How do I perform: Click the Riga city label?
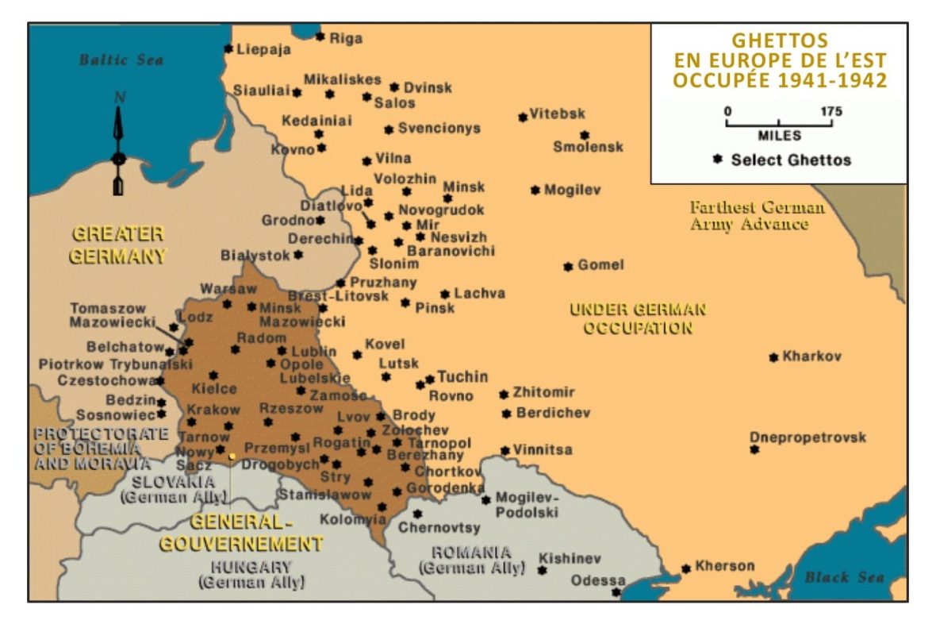point(346,38)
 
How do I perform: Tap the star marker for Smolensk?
point(585,135)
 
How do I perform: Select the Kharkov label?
point(811,356)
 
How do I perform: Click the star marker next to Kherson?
point(686,568)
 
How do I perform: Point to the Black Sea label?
point(844,577)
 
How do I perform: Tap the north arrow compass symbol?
point(119,143)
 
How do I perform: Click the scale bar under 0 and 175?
point(778,125)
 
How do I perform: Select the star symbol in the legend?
point(717,160)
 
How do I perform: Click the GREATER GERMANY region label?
point(118,245)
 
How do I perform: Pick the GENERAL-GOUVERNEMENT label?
point(242,533)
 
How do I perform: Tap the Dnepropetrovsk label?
point(807,437)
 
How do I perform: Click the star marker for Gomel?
point(568,267)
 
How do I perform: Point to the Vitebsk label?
point(557,114)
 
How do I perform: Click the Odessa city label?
point(598,580)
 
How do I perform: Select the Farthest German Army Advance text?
point(757,216)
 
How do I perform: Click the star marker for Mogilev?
point(535,190)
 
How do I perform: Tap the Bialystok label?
point(255,256)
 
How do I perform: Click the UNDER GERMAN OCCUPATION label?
point(638,318)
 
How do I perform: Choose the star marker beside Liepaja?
point(229,48)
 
